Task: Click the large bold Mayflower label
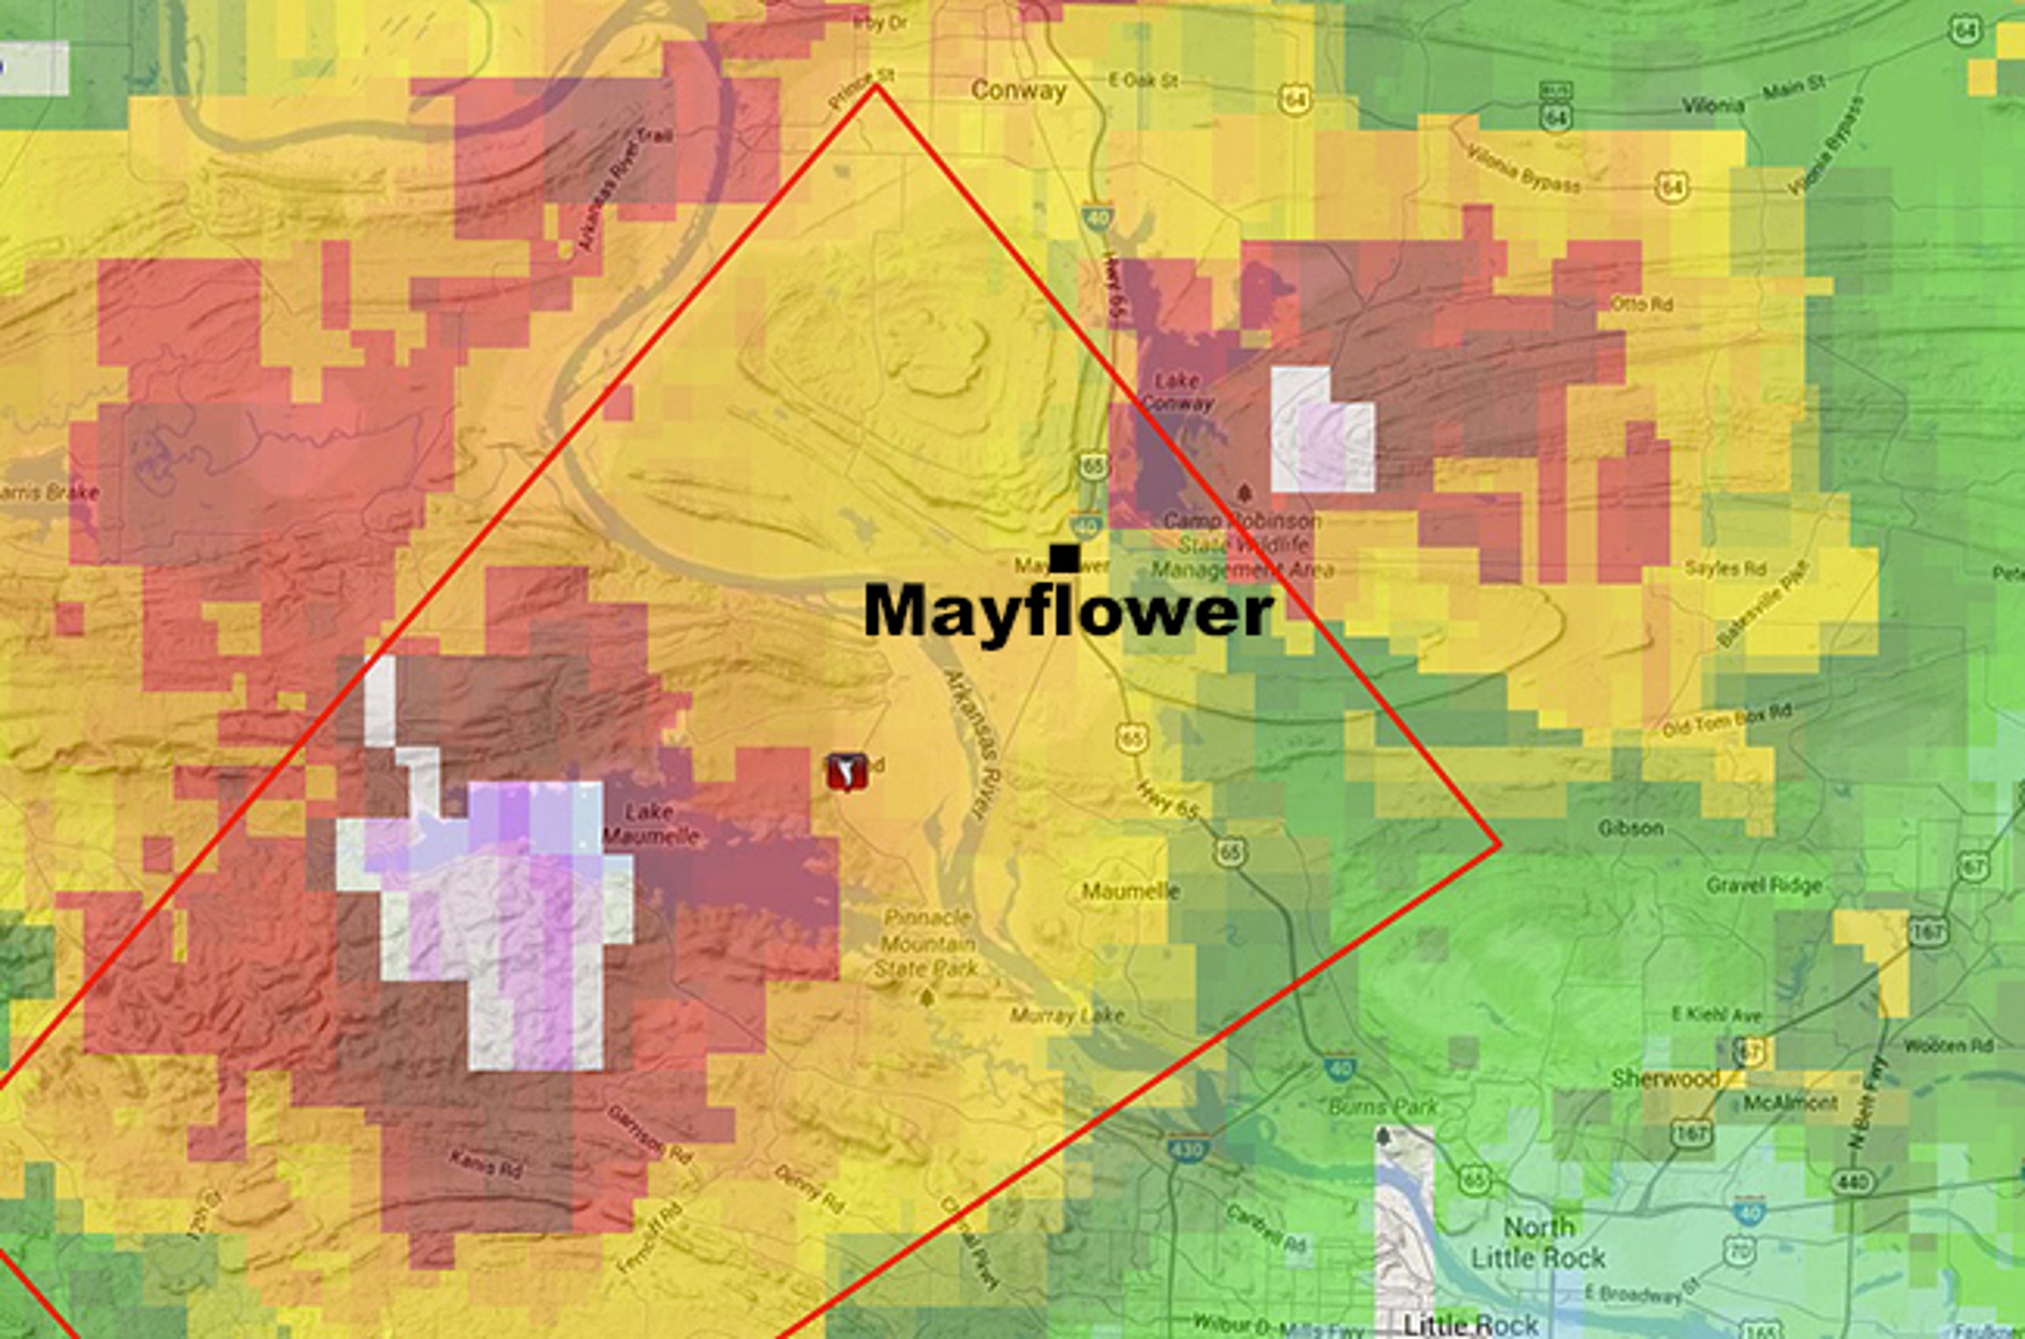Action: pos(1067,610)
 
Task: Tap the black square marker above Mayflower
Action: pos(1064,558)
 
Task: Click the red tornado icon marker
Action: pos(845,772)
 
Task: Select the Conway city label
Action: pos(1019,91)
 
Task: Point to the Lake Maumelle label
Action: pos(651,824)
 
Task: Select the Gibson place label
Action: pos(1631,828)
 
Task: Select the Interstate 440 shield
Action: pos(1851,1181)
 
